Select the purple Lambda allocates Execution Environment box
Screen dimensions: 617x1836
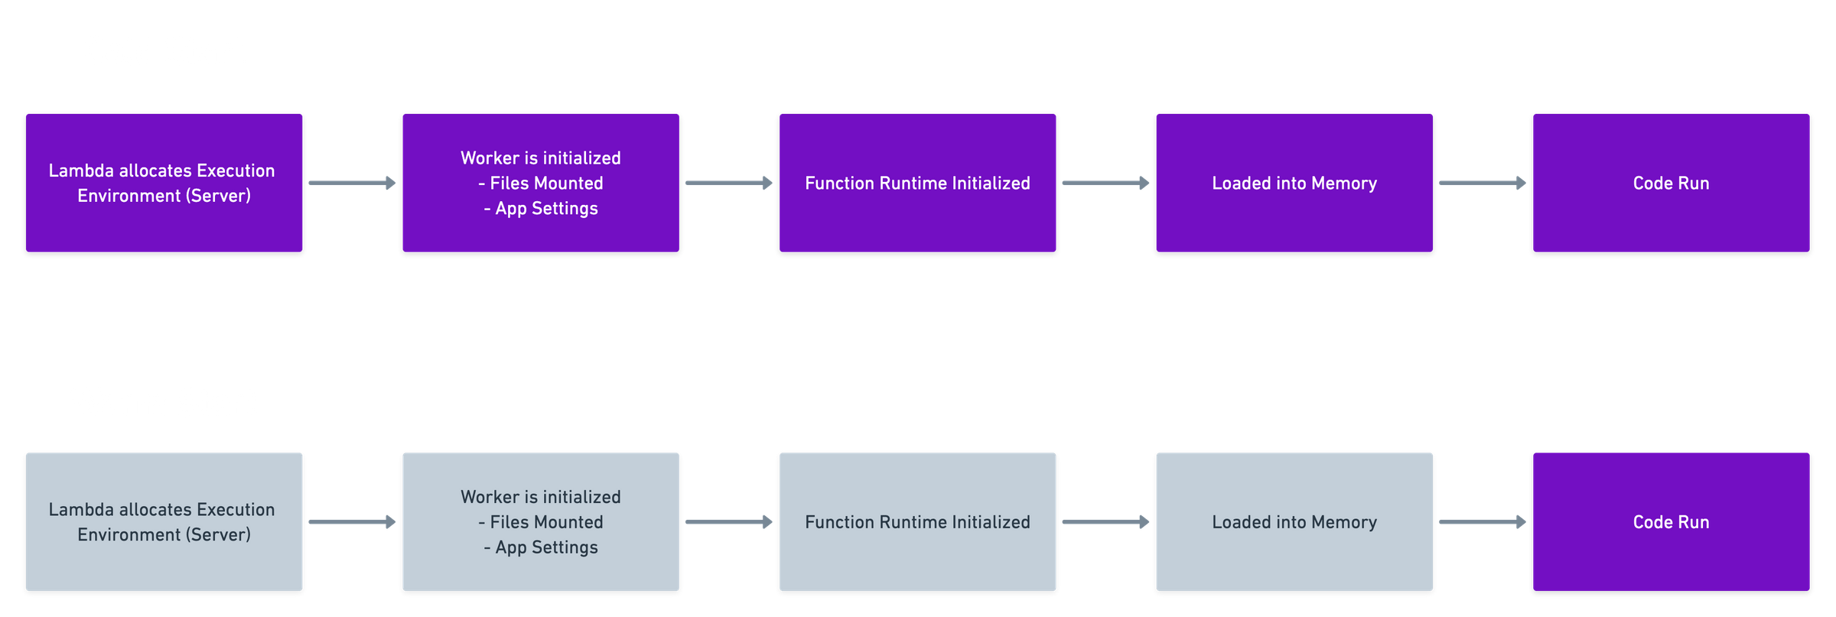tap(164, 183)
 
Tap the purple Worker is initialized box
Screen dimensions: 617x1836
tap(540, 183)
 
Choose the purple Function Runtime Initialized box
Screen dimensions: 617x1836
tap(917, 183)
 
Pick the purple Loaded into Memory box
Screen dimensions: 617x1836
tap(1294, 183)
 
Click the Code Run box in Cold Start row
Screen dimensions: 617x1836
tap(1671, 183)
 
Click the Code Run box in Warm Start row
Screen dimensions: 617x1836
tap(1671, 521)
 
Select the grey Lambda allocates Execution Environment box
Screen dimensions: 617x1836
tap(164, 521)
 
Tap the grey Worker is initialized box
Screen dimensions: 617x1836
tap(540, 521)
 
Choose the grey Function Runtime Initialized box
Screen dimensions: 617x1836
tap(917, 521)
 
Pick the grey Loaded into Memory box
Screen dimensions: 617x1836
tap(1294, 521)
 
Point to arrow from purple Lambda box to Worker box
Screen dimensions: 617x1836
tap(352, 183)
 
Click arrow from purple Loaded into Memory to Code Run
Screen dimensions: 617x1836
tap(1483, 183)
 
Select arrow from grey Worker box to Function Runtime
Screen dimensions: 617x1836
tap(729, 521)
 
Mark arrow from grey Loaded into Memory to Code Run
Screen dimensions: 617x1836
tap(1483, 521)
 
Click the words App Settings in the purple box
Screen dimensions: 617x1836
tap(546, 208)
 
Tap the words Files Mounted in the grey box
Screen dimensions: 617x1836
tap(546, 522)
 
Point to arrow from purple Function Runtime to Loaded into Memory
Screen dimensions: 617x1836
tap(1105, 183)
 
